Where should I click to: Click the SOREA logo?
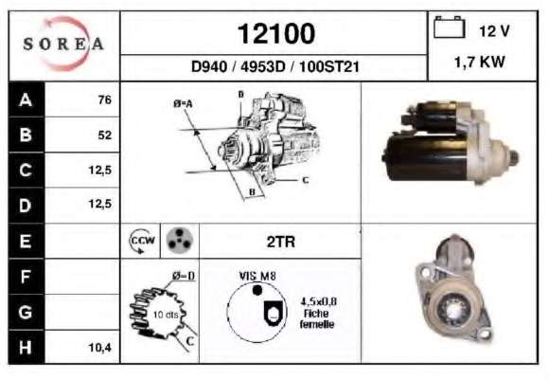[63, 44]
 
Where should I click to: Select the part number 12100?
[276, 34]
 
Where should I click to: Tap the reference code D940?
[209, 66]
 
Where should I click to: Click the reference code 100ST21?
[329, 66]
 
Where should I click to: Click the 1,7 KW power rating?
[479, 62]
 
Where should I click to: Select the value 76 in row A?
[105, 99]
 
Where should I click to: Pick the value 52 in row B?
[105, 135]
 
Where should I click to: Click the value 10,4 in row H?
[99, 348]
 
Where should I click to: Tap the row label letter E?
[26, 242]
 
